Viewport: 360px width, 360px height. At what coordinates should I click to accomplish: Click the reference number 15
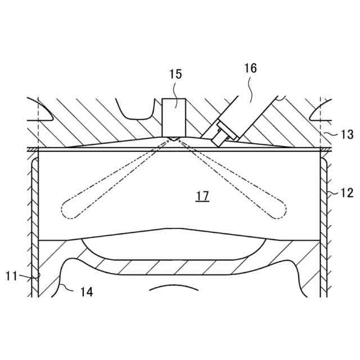coord(175,74)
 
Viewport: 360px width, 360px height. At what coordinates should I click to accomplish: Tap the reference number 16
coord(250,68)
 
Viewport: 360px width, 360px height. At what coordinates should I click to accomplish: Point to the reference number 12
coord(347,193)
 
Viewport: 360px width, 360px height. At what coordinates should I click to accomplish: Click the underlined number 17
coord(202,196)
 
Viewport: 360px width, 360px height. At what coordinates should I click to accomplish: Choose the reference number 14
coord(87,291)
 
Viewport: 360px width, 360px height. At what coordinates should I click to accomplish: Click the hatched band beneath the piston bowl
coord(174,267)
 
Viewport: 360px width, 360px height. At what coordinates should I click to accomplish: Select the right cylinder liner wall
coord(323,225)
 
